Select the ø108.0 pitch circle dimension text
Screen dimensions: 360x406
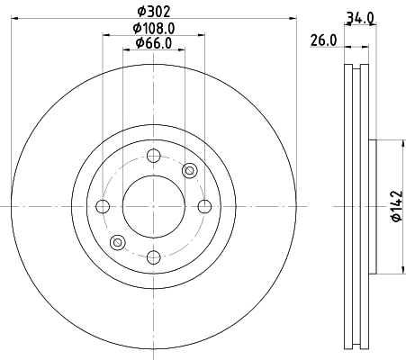[x=151, y=27]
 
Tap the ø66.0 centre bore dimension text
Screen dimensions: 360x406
[x=151, y=43]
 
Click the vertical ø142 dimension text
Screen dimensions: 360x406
[x=393, y=205]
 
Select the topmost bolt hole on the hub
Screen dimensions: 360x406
[x=152, y=154]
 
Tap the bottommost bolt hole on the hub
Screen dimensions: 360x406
[x=152, y=258]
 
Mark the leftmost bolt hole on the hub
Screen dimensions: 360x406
[x=102, y=206]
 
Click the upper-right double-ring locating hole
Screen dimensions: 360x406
[x=189, y=171]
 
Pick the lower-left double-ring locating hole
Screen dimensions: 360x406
[x=116, y=241]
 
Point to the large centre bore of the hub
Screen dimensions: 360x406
[x=152, y=206]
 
